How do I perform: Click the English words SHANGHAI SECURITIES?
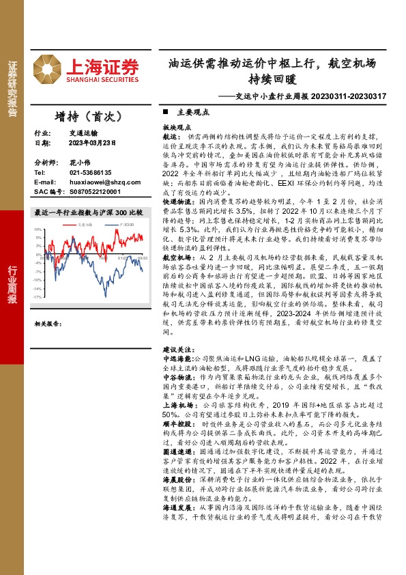[102, 78]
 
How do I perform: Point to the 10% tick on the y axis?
[39, 231]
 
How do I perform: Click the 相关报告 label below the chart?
[48, 324]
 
